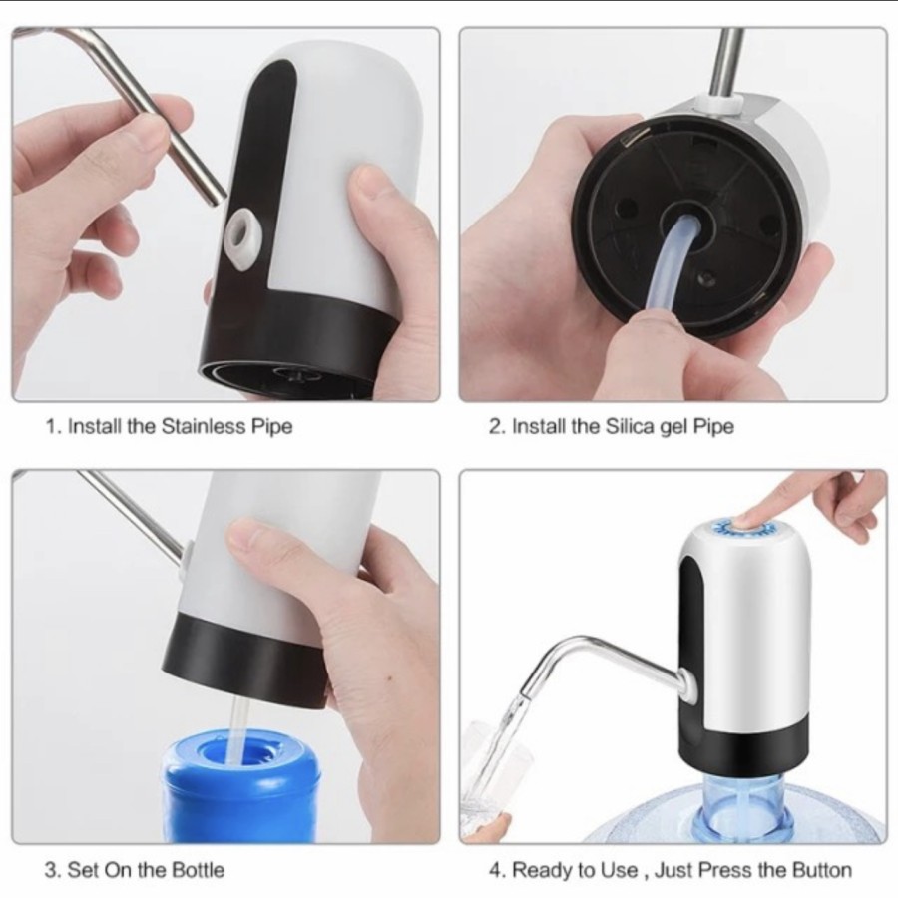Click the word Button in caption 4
coord(822,870)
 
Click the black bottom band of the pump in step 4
coord(744,744)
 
